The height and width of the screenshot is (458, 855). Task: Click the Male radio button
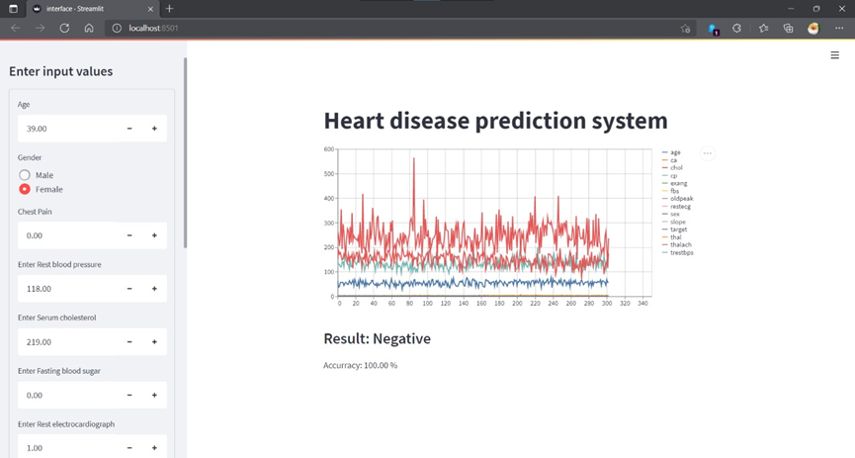pos(25,175)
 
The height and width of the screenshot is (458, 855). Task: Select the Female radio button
pos(25,189)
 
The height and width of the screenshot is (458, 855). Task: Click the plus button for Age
pos(154,129)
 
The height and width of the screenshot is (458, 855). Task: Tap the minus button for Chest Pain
pos(129,235)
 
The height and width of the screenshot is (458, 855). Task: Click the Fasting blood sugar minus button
pos(129,395)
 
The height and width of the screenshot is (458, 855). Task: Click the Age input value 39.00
pos(38,129)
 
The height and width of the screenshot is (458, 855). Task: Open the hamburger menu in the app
pos(835,55)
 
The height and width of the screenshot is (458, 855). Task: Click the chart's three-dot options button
pos(708,153)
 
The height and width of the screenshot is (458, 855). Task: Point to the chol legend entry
pos(676,168)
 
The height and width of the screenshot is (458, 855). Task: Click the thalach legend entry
pos(680,244)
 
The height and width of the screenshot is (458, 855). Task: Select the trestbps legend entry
pos(681,252)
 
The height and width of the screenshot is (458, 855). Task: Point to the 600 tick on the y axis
pos(329,149)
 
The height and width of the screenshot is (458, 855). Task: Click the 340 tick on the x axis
pos(642,304)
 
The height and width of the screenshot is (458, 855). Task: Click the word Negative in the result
pos(401,338)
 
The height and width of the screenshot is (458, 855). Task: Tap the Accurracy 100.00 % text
pos(360,366)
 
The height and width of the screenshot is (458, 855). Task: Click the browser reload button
pos(64,29)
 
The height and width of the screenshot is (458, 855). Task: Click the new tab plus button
pos(169,8)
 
